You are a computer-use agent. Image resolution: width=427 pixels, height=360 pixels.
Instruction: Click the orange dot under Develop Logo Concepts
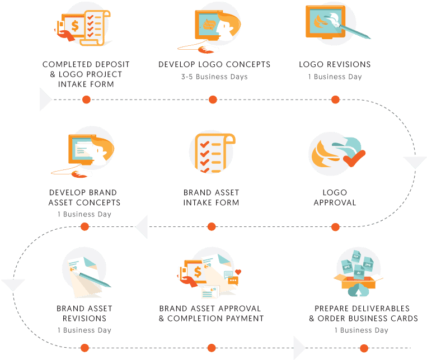(x=213, y=100)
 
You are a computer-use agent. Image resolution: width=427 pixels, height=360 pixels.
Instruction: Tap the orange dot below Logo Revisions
(x=336, y=100)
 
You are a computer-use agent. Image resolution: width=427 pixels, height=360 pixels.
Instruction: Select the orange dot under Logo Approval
(x=336, y=226)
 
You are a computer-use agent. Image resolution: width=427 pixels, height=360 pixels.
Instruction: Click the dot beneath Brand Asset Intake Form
(x=212, y=226)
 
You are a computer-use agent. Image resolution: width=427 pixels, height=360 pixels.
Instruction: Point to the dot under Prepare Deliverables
(x=364, y=348)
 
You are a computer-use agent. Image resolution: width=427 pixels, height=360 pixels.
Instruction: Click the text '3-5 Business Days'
(x=214, y=77)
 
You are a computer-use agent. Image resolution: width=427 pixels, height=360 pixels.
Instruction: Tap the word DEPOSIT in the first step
(x=112, y=64)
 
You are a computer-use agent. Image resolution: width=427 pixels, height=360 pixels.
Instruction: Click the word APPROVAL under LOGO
(x=335, y=203)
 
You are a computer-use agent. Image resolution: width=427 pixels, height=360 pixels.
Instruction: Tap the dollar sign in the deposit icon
(x=75, y=26)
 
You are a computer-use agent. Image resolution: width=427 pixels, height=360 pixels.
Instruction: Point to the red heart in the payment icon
(x=238, y=272)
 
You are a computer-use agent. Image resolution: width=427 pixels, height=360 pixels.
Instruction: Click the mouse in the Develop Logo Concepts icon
(x=205, y=50)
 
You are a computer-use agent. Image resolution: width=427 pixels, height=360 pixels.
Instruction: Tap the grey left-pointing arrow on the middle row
(x=142, y=226)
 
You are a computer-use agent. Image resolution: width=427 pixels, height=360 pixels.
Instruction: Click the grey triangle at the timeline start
(x=45, y=100)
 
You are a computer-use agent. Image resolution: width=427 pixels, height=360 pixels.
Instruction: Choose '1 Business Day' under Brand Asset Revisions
(x=85, y=330)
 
